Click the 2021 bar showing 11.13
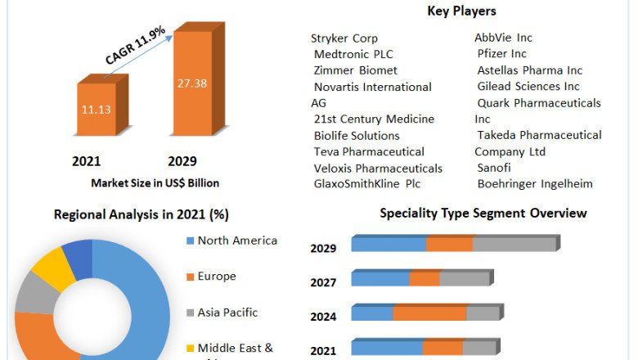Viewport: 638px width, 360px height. (x=97, y=110)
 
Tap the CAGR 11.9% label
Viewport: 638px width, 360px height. (x=135, y=46)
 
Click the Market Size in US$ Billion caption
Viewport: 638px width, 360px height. (x=155, y=182)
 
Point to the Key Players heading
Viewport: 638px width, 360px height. (x=461, y=11)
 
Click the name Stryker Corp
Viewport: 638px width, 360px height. (x=344, y=38)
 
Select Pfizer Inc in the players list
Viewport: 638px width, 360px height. (x=501, y=54)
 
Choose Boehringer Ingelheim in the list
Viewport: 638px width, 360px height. (x=535, y=184)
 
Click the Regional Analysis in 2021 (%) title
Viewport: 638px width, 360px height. (x=141, y=215)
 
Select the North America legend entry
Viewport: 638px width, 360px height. (x=237, y=241)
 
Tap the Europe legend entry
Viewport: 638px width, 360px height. (x=216, y=277)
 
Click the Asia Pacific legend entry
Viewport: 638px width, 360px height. (x=227, y=313)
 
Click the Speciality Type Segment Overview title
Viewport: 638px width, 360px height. (x=483, y=214)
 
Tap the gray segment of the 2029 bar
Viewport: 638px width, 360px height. (x=514, y=245)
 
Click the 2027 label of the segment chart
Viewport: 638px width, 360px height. (x=323, y=283)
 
